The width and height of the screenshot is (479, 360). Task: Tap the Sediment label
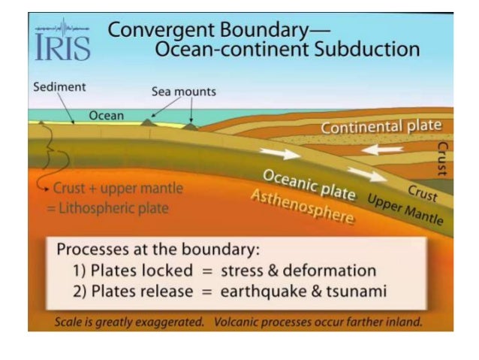59,86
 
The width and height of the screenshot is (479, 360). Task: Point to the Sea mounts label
184,92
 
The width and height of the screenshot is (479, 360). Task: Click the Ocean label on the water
107,116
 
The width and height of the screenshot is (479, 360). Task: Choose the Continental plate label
381,126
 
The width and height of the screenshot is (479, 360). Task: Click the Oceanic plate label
309,184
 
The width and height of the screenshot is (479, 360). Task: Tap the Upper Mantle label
405,211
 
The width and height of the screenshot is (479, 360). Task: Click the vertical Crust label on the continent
442,159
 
